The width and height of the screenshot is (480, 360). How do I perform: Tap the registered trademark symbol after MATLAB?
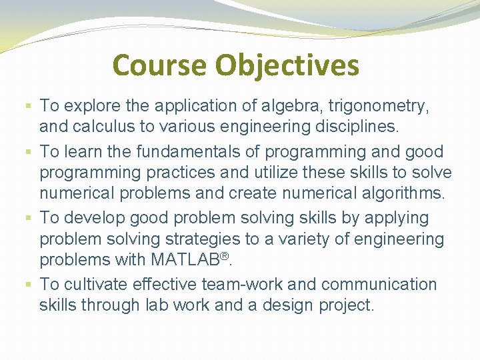[x=224, y=254]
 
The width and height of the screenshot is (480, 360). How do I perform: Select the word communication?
[x=379, y=284]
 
